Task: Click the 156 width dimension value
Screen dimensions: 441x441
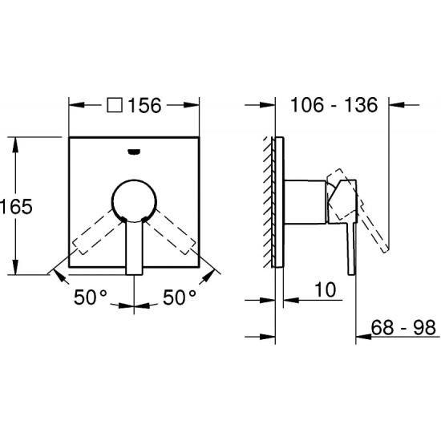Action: pos(144,106)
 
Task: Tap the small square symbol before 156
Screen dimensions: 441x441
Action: pos(115,105)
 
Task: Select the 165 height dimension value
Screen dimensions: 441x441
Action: pos(16,207)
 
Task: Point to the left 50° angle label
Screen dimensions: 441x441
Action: pos(91,297)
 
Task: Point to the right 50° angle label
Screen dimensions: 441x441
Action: pos(180,297)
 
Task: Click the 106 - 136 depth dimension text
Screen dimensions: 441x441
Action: pos(334,105)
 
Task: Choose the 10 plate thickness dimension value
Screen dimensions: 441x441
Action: pos(326,289)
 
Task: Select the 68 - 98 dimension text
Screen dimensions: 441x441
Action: pos(403,327)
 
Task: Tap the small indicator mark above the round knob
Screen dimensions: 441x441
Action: pos(134,152)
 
